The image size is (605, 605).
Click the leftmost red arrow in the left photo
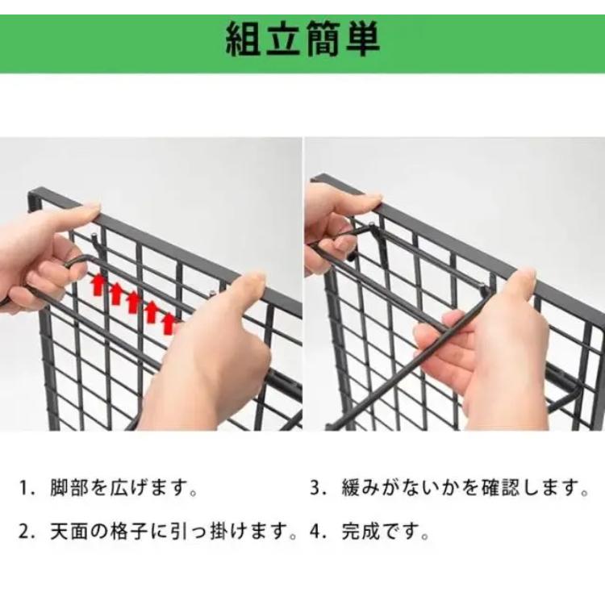click(x=98, y=284)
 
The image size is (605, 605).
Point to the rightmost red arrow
click(x=169, y=322)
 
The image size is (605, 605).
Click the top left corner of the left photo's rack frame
click(x=32, y=194)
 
